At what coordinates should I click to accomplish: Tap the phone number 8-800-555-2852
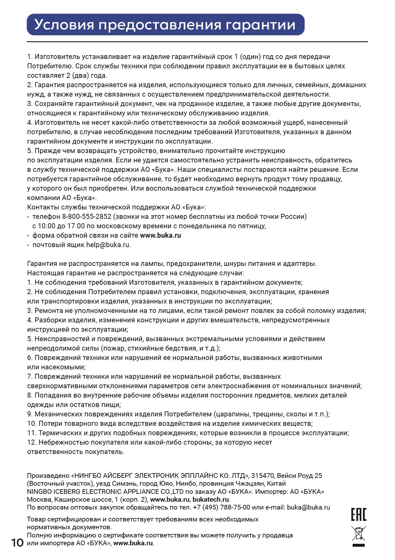87,216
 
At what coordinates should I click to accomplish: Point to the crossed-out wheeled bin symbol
359,534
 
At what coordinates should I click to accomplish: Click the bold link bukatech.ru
211,499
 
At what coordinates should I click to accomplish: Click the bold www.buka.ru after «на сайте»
160,235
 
